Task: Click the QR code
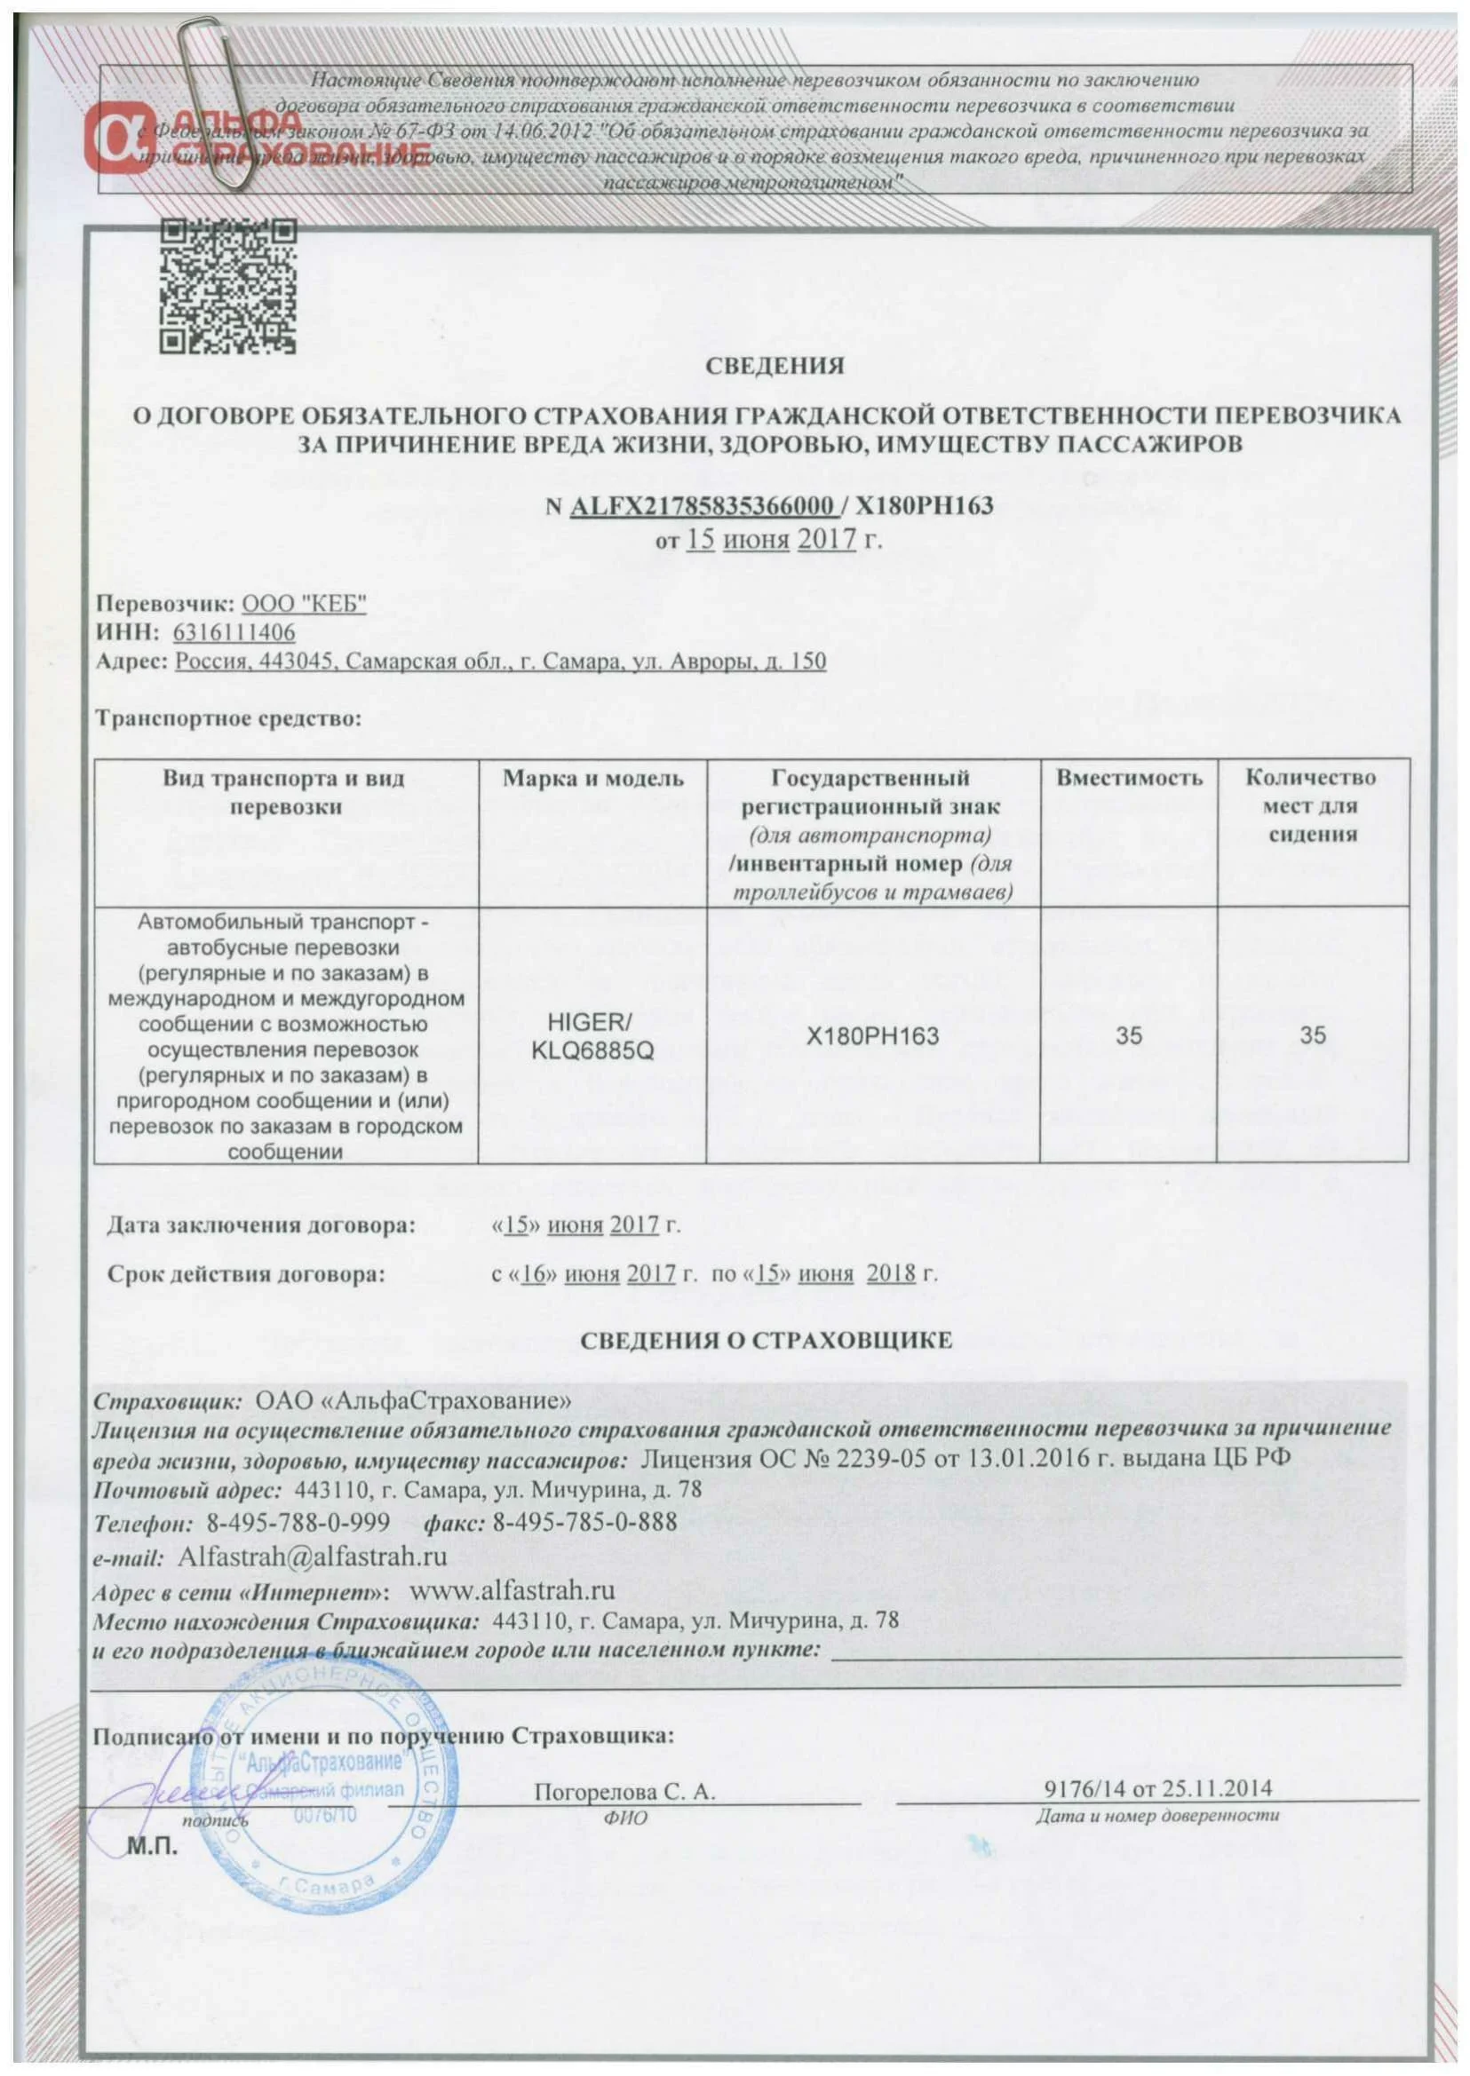[227, 286]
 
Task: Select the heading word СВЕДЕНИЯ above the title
[775, 366]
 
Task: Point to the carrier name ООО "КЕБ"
[305, 605]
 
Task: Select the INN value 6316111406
[235, 632]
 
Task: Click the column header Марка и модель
[593, 780]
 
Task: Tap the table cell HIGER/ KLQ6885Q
[592, 1035]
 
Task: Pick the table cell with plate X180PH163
[872, 1035]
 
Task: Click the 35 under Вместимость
[1128, 1035]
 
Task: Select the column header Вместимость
[1129, 778]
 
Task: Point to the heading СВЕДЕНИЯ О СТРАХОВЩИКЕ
[766, 1340]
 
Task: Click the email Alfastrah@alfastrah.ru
[314, 1557]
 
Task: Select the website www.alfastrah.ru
[513, 1590]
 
